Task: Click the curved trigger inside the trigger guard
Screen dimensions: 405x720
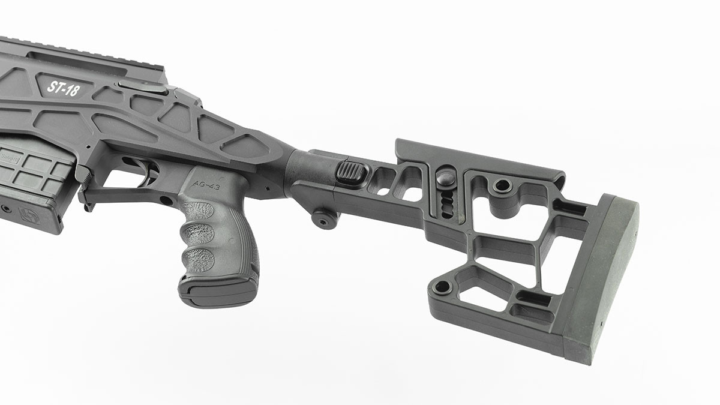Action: (146, 170)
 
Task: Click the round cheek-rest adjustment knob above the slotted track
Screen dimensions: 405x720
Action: (446, 178)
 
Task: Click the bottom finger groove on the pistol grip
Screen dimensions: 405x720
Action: (198, 259)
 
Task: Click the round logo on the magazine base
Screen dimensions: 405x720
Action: (28, 215)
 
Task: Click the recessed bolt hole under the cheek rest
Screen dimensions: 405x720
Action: (502, 185)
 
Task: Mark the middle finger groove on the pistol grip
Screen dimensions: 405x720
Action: (197, 235)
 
